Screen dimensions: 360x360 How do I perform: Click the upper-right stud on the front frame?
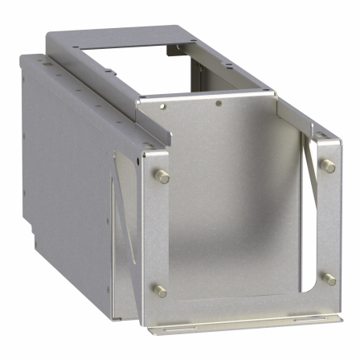tap(329, 166)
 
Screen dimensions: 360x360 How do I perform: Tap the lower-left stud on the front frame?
tap(160, 291)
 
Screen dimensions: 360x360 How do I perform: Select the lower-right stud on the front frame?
tap(329, 279)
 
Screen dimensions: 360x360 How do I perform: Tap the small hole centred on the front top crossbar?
tap(219, 104)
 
